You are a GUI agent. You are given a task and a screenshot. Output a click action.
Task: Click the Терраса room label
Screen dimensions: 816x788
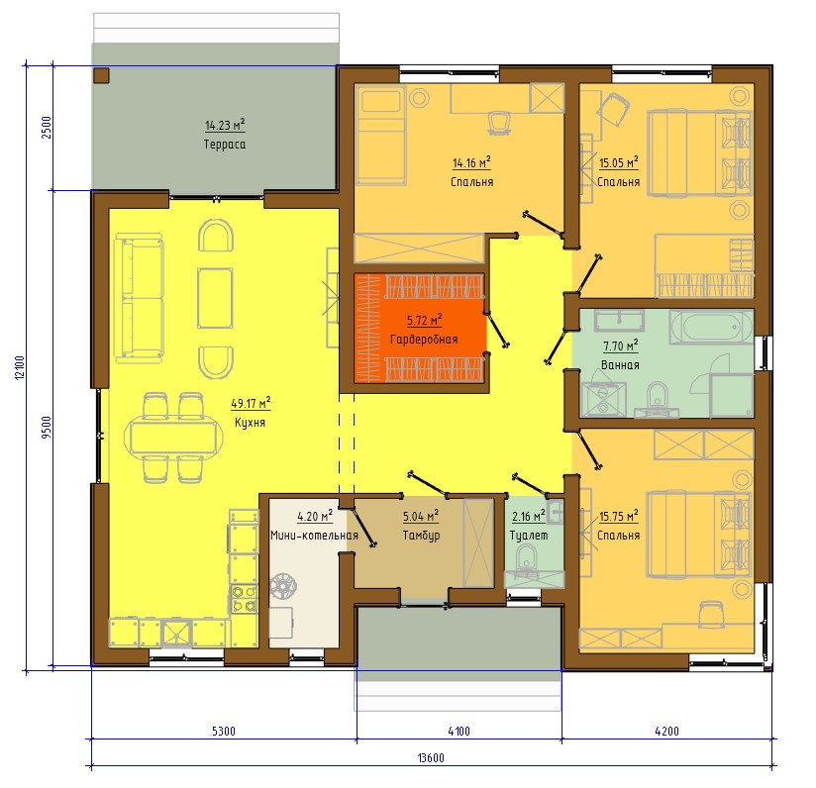point(224,145)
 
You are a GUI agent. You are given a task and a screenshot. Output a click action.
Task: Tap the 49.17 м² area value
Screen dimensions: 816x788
point(251,403)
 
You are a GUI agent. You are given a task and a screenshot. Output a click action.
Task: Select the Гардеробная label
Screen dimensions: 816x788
point(424,340)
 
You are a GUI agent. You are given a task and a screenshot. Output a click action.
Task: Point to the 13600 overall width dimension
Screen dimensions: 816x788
point(431,757)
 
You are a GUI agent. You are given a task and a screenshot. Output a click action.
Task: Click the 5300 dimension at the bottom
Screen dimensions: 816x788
point(224,731)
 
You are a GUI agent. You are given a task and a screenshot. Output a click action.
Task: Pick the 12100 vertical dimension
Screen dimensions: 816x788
point(20,367)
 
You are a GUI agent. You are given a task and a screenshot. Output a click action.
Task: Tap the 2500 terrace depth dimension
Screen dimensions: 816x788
point(47,127)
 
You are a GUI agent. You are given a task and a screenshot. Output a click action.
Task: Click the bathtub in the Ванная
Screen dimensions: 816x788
point(711,327)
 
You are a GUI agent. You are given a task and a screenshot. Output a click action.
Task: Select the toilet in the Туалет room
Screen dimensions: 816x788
point(527,559)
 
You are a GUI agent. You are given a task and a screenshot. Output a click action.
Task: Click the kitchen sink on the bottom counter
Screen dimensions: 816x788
point(176,633)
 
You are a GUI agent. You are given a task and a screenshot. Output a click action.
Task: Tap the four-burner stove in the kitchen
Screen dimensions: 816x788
point(244,598)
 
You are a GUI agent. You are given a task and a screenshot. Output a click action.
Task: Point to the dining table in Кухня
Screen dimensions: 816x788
point(174,439)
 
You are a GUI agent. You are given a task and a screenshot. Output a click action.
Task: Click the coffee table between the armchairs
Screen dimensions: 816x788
point(215,298)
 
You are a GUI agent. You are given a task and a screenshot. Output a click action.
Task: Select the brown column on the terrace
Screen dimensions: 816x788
point(101,75)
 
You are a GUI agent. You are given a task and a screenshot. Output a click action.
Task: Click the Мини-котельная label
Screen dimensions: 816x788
point(314,536)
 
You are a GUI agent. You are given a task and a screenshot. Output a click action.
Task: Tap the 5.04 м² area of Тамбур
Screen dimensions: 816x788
point(421,516)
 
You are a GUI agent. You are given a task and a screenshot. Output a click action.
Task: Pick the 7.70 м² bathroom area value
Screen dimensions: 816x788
point(620,345)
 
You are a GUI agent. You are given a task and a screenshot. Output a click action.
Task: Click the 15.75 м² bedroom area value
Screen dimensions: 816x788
point(619,516)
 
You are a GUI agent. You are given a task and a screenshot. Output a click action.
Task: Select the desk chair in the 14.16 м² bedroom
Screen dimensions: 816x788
point(499,123)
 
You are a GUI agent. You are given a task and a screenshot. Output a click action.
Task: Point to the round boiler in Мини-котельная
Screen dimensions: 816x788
point(282,586)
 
